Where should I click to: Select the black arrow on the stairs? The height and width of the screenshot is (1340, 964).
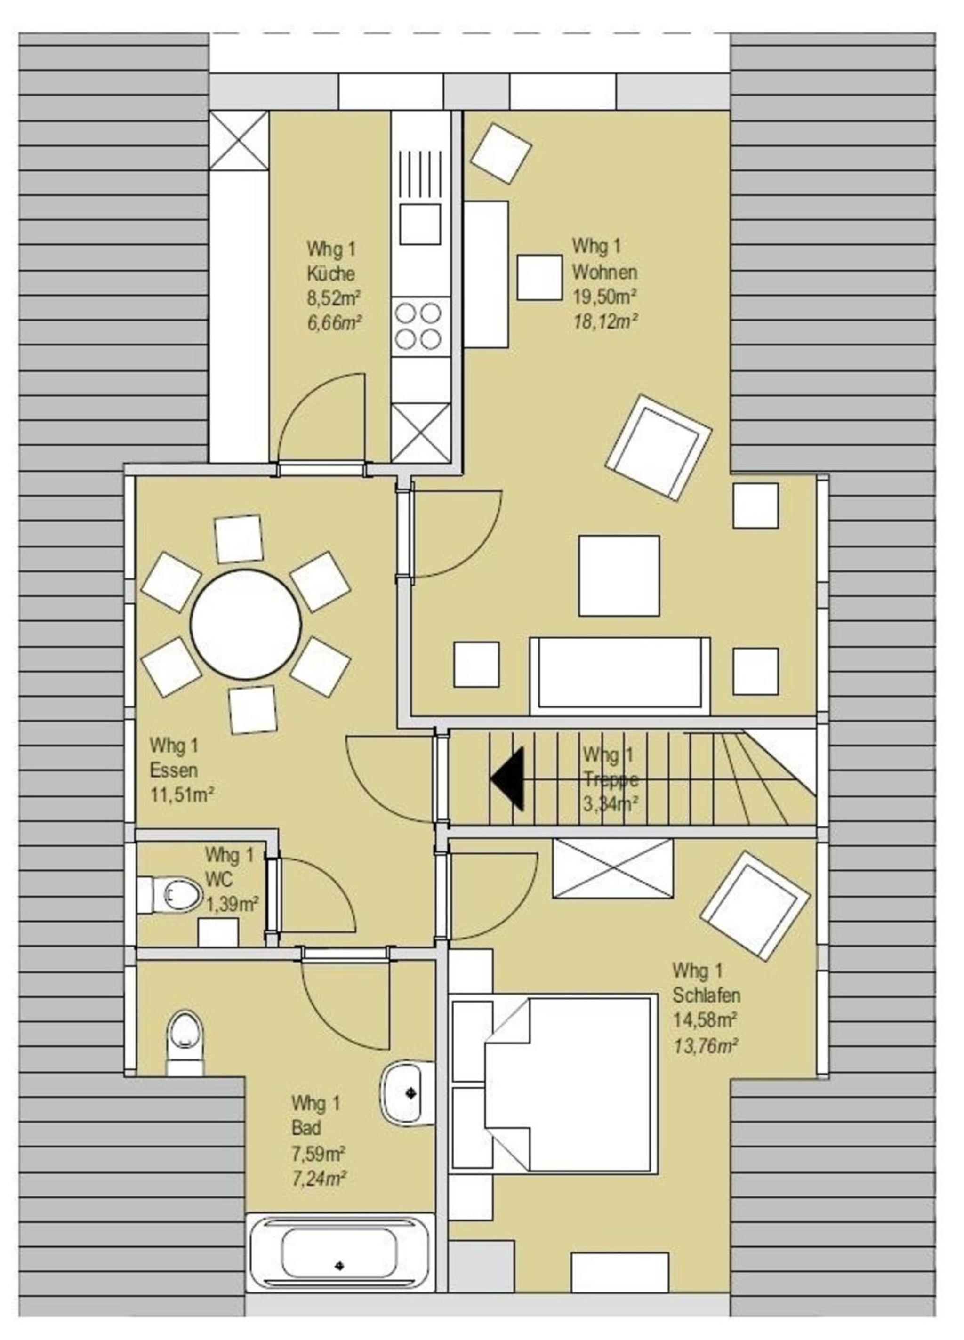coord(507,778)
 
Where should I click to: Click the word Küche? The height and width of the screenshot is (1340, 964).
coord(330,273)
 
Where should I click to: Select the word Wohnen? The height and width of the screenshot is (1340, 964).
coord(604,273)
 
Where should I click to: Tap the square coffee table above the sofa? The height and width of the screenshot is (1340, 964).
coord(619,576)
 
